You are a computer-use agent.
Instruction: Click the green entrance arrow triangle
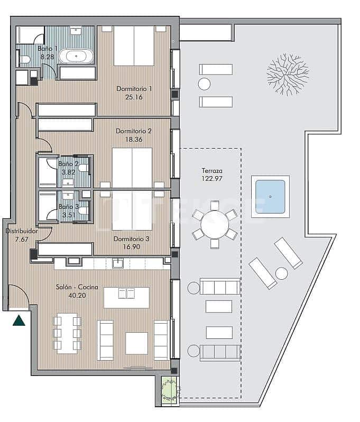coord(20,320)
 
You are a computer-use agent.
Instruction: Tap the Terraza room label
coord(212,171)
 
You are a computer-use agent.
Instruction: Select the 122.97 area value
coord(212,179)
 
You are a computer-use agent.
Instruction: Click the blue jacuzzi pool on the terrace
coord(270,197)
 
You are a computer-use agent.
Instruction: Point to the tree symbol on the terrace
coord(288,74)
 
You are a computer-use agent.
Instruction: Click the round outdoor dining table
coord(215,229)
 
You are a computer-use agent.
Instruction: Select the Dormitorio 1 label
coord(134,89)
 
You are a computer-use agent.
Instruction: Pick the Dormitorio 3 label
coord(132,238)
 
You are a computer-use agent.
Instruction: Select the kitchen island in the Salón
coord(126,297)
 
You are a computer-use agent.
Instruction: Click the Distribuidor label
coord(21,231)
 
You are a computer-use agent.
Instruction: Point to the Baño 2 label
coord(68,164)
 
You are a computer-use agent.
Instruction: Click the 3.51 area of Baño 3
coord(68,214)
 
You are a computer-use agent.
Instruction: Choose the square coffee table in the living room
coord(137,343)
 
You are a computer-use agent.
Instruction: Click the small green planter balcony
coord(169,389)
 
